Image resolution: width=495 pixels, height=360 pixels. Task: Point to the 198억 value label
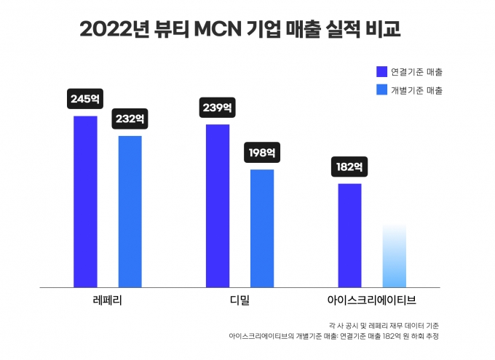(x=262, y=153)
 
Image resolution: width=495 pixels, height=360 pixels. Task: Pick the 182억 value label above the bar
(x=349, y=167)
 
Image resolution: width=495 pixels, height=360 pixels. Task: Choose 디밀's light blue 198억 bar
(x=262, y=228)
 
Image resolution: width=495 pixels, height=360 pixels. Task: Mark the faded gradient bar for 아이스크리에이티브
(x=394, y=256)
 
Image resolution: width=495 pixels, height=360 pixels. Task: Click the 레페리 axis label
(x=107, y=300)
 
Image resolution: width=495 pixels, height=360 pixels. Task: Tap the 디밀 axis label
(x=239, y=300)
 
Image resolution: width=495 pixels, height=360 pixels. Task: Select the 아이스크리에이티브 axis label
(x=372, y=300)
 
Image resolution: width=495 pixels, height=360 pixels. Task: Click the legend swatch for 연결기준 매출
(x=381, y=72)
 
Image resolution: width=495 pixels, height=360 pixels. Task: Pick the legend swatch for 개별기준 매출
(x=381, y=90)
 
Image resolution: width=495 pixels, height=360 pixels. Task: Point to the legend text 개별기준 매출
(x=416, y=90)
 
